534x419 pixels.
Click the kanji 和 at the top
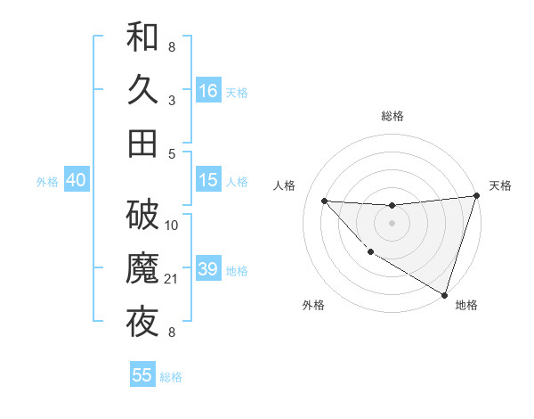click(142, 37)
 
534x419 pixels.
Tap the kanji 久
click(142, 90)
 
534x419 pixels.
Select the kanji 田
click(142, 144)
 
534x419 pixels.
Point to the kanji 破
click(142, 215)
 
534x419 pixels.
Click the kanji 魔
click(142, 268)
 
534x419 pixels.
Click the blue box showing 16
click(208, 91)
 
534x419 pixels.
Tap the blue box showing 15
click(208, 180)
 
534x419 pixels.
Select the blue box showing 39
click(208, 269)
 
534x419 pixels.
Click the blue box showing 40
click(76, 180)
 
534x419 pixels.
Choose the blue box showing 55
click(142, 375)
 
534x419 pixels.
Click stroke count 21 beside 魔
click(172, 280)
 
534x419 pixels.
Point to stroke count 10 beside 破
click(172, 226)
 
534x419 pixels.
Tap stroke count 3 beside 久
click(171, 101)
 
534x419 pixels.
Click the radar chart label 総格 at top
click(392, 116)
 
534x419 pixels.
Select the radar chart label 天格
click(500, 185)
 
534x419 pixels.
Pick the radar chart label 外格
click(313, 305)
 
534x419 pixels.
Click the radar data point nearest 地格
click(444, 294)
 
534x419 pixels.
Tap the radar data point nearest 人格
click(324, 201)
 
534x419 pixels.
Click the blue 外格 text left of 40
click(47, 181)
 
